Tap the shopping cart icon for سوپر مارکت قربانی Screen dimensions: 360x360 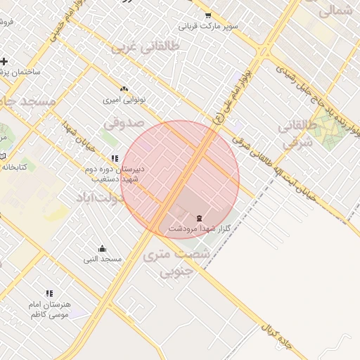pyautogui.click(x=207, y=15)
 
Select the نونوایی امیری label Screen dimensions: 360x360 pyautogui.click(x=124, y=100)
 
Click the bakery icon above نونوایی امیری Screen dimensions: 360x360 pyautogui.click(x=124, y=89)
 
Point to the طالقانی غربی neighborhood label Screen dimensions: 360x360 pyautogui.click(x=146, y=46)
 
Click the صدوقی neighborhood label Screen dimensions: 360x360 pyautogui.click(x=124, y=123)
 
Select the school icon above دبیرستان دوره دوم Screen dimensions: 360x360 pyautogui.click(x=115, y=159)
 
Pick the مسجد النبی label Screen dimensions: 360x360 pyautogui.click(x=103, y=259)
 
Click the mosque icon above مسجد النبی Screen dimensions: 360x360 pyautogui.click(x=103, y=248)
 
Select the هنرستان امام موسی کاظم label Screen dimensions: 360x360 pyautogui.click(x=49, y=309)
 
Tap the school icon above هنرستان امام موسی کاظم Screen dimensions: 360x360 pyautogui.click(x=49, y=293)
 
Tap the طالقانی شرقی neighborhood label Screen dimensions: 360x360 pyautogui.click(x=294, y=134)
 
